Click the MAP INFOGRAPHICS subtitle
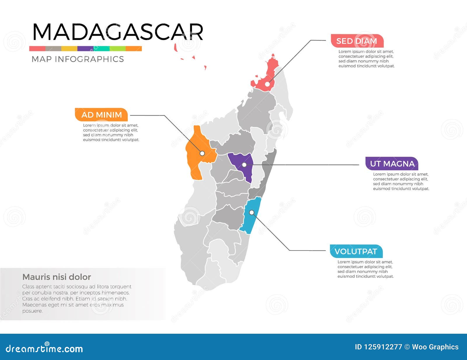(x=78, y=59)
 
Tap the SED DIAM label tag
(x=357, y=41)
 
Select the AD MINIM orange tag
(x=101, y=115)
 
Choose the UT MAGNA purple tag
(x=392, y=164)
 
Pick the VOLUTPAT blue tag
(x=356, y=251)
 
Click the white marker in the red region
(x=267, y=84)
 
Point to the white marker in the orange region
(x=202, y=153)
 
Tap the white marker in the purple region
(x=244, y=165)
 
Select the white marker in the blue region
(x=252, y=213)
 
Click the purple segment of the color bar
(x=85, y=48)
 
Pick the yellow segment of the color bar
(x=69, y=48)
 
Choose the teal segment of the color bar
(x=101, y=48)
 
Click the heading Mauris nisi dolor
(x=57, y=277)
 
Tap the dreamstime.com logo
(x=44, y=348)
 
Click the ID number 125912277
(x=383, y=347)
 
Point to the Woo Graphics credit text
(x=435, y=347)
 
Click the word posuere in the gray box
(x=32, y=311)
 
